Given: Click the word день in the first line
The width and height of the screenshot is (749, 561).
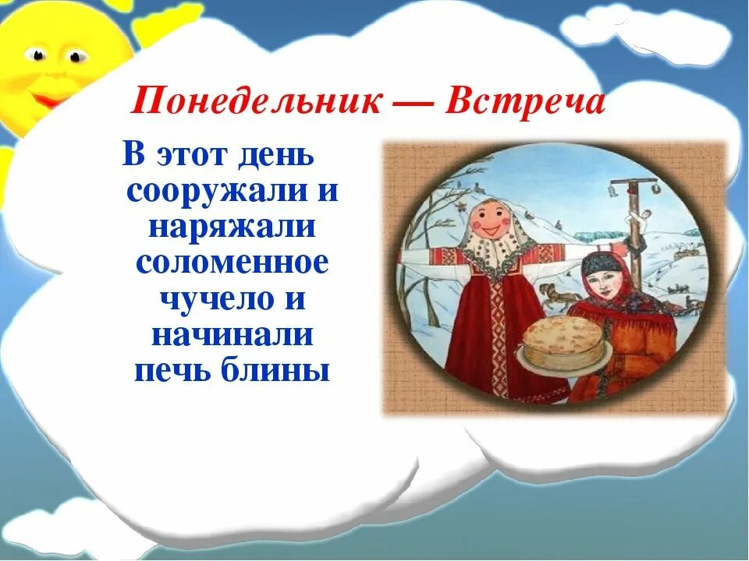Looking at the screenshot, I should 276,156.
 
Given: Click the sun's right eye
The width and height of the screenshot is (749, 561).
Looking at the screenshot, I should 76,56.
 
